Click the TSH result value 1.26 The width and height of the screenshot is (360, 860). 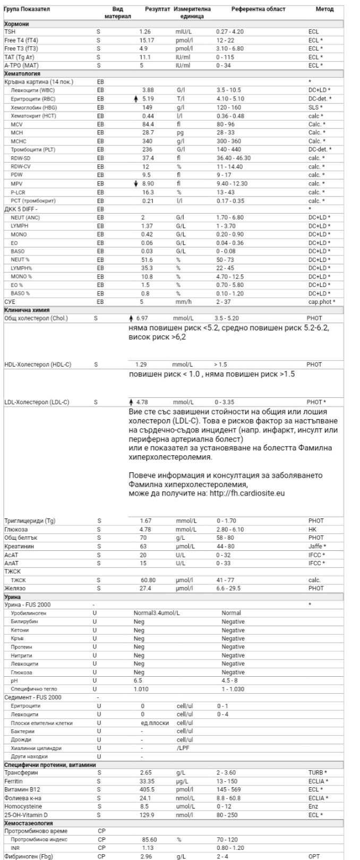(x=145, y=32)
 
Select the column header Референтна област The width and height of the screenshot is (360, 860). (x=258, y=10)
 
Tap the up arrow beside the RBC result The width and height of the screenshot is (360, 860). (x=136, y=99)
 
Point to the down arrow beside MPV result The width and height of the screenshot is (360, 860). (x=136, y=183)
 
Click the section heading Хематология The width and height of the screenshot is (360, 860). (x=22, y=74)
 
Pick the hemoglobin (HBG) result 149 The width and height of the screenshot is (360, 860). (x=148, y=107)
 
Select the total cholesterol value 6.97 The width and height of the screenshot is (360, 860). (x=142, y=318)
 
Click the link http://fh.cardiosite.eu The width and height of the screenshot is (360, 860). (x=246, y=493)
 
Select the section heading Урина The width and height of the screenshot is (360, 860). (x=13, y=597)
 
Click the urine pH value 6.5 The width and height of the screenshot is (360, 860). (x=138, y=680)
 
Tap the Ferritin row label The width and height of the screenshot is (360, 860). (x=14, y=781)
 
